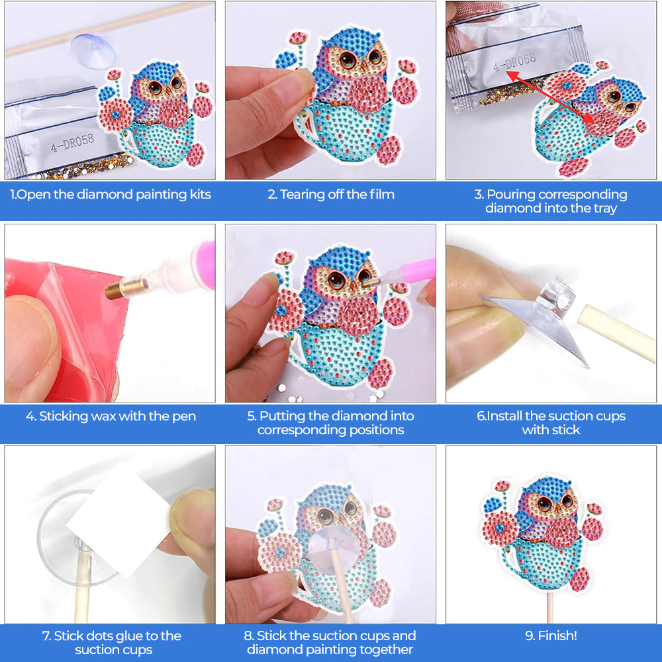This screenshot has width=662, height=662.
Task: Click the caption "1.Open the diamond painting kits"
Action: click(110, 195)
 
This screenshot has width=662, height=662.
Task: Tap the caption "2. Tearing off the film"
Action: click(330, 195)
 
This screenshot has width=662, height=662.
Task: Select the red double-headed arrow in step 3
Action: click(549, 96)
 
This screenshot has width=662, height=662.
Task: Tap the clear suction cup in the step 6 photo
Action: click(543, 318)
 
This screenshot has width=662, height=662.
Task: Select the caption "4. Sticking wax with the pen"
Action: click(110, 417)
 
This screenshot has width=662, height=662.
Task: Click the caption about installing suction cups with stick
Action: click(551, 423)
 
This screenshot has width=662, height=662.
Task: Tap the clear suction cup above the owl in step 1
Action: click(91, 50)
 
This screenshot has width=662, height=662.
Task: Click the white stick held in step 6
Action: click(616, 335)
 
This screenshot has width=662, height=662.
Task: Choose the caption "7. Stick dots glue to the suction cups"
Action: click(110, 643)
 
